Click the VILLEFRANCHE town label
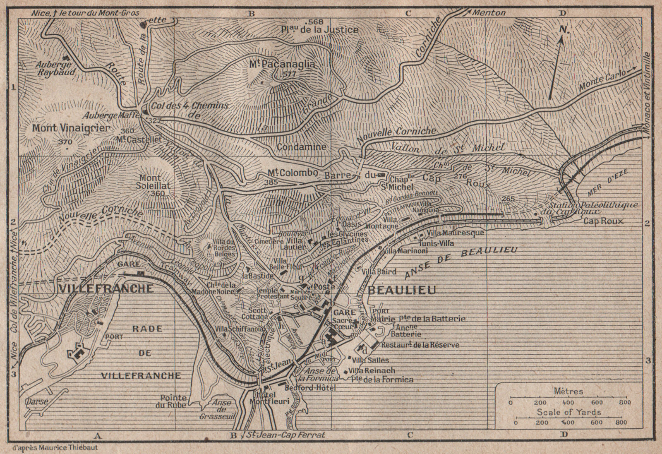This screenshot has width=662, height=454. [x=107, y=288]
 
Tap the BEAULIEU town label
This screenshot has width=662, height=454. [x=402, y=290]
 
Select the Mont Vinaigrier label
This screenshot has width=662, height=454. [x=71, y=128]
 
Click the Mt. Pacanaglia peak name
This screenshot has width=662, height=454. [x=282, y=64]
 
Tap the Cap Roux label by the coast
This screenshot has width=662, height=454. [x=603, y=221]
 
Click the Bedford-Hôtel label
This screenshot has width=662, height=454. [x=310, y=388]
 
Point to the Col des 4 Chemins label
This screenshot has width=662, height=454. [x=190, y=106]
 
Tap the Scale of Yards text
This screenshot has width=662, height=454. [x=569, y=412]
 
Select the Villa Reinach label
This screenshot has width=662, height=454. [x=372, y=371]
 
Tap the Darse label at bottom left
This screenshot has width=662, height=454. [x=37, y=401]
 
